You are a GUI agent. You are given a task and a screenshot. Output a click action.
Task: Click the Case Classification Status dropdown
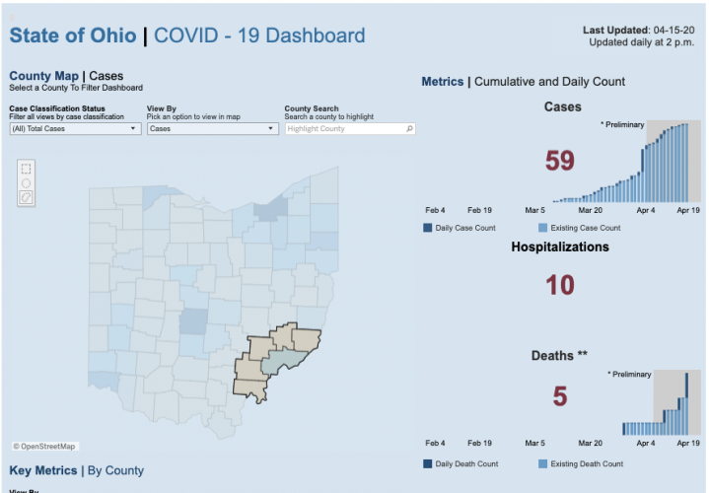click(x=74, y=129)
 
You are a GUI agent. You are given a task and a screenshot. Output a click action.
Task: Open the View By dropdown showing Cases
click(x=212, y=129)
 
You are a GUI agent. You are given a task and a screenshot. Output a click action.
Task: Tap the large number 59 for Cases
click(x=559, y=161)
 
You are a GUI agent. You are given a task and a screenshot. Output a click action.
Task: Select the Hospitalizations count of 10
click(x=559, y=285)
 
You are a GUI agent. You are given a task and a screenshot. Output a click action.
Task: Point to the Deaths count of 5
click(x=559, y=396)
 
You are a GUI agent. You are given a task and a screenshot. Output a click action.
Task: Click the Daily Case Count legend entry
click(x=463, y=228)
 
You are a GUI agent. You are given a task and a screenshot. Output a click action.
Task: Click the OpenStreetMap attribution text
click(x=47, y=447)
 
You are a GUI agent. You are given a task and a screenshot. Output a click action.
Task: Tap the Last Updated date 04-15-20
click(x=668, y=31)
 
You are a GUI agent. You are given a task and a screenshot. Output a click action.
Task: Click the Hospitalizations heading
click(x=560, y=246)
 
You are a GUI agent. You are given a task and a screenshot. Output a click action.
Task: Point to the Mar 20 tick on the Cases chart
click(x=591, y=210)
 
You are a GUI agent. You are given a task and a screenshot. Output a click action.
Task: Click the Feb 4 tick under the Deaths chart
click(x=435, y=444)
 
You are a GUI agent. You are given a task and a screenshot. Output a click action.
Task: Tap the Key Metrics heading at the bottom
click(x=42, y=470)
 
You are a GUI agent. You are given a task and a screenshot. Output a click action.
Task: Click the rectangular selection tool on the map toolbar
click(x=26, y=168)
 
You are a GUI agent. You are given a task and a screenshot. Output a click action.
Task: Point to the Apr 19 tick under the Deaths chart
click(x=687, y=444)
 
